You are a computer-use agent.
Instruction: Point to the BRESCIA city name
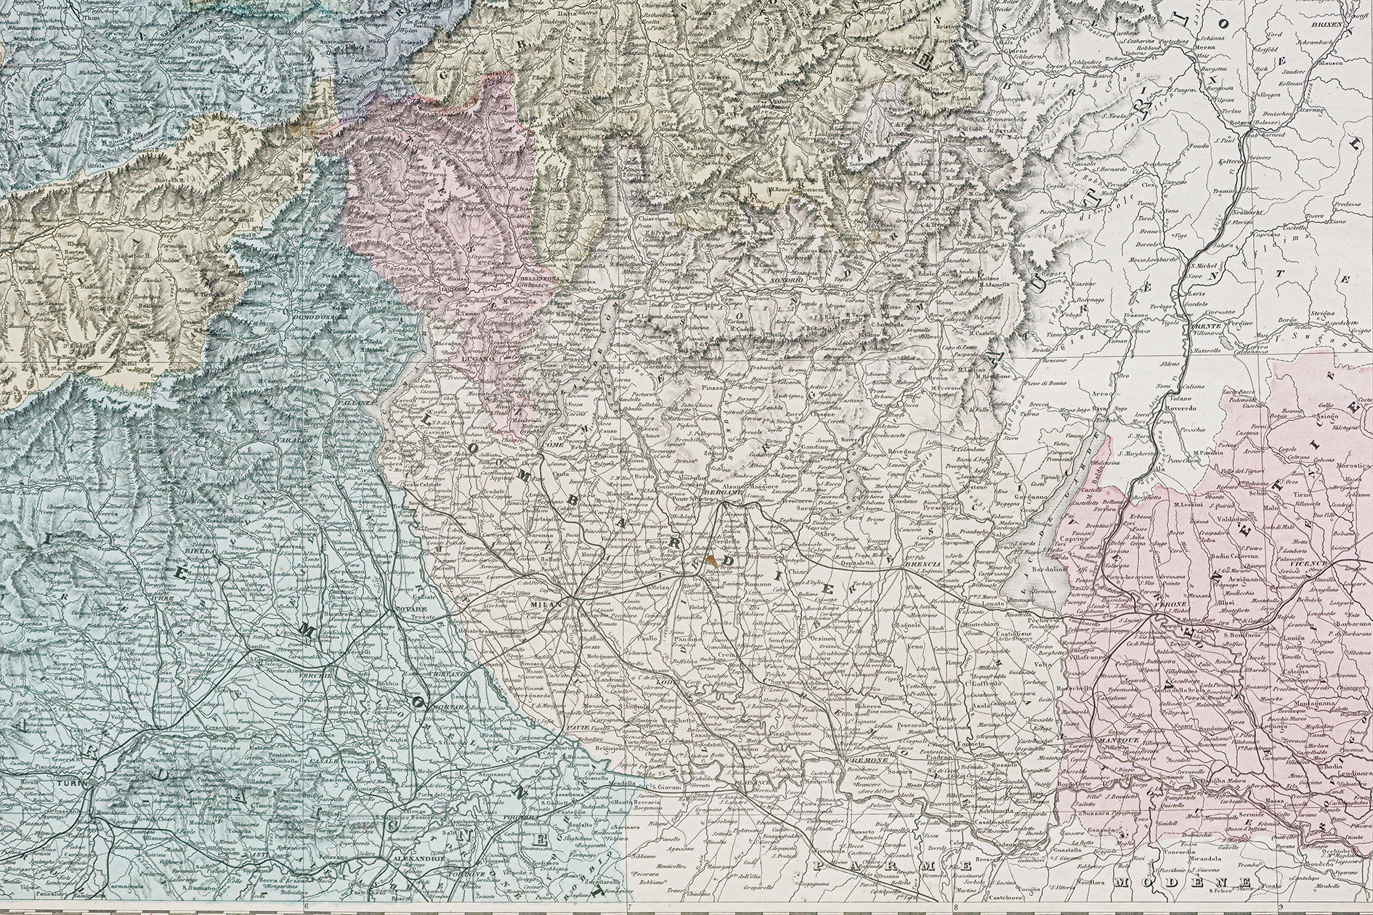coord(923,564)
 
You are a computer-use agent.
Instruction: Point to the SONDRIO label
coord(787,280)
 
